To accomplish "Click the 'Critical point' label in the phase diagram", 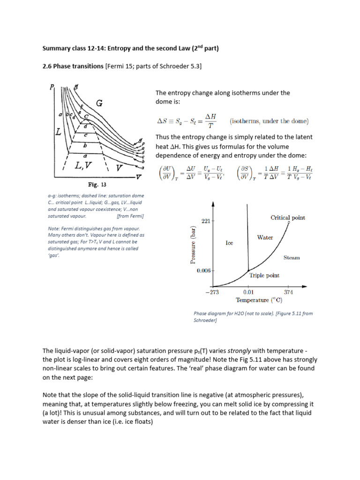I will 288,217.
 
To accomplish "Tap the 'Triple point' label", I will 264,276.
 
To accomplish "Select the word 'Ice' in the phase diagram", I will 229,243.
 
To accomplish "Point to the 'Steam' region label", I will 292,258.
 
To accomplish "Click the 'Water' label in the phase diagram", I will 265,238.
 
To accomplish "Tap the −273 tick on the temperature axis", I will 212,292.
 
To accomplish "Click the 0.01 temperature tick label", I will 248,292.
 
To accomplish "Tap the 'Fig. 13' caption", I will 95,184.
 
